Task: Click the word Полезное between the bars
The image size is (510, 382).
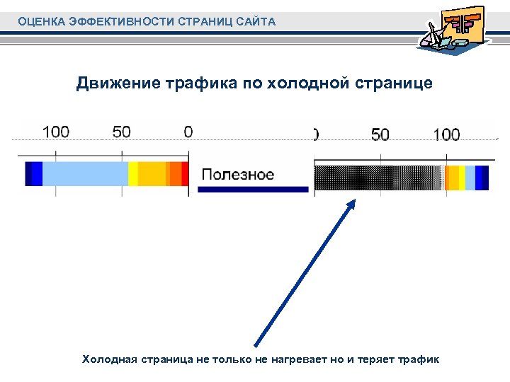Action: pos(238,174)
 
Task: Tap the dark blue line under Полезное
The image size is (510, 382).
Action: pos(253,190)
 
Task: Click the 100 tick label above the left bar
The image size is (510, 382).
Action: pos(56,132)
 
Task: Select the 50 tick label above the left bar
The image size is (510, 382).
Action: pos(122,132)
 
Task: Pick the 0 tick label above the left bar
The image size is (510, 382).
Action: pos(188,132)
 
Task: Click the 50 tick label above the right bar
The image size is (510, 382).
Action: pos(380,134)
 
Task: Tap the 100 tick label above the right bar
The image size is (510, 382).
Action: pos(446,134)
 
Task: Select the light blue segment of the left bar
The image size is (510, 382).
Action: pos(85,174)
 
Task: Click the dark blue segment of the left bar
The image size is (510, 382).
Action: pos(33,174)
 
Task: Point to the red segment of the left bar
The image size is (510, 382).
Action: pos(185,174)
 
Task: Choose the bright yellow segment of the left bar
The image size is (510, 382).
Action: pos(132,174)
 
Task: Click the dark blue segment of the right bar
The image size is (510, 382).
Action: pos(482,178)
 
